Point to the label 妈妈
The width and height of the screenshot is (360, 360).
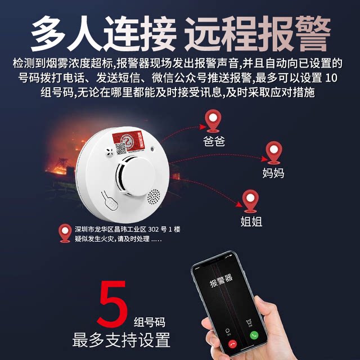273,172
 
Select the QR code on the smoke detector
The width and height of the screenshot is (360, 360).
121,147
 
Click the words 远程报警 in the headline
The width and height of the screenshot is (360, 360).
256,34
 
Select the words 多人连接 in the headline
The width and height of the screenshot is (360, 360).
103,34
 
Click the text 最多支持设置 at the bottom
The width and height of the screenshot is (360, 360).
121,340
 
